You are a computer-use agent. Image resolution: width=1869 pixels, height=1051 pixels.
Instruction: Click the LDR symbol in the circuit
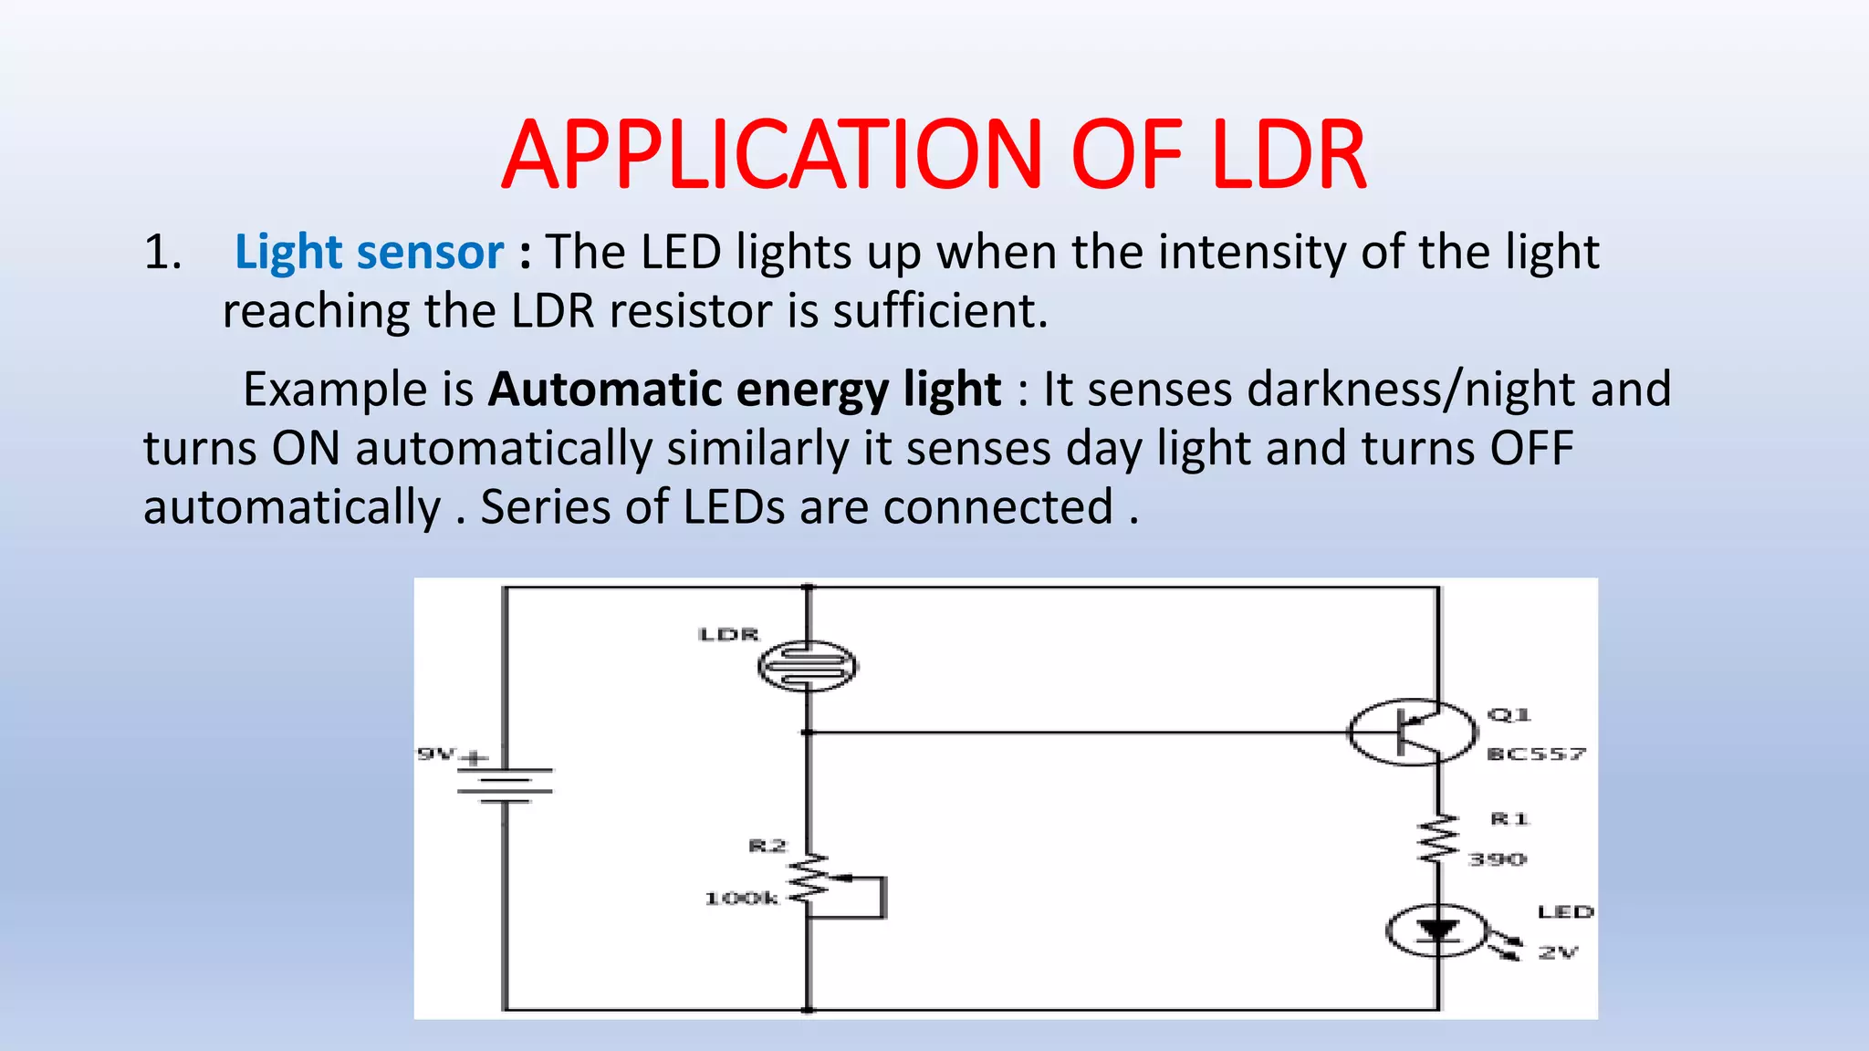808,665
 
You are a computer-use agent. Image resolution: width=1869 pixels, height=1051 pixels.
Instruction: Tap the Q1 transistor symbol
1411,732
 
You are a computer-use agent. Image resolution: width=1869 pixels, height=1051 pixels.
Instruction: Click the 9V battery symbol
505,785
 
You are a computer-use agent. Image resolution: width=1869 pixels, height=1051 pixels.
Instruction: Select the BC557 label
1536,754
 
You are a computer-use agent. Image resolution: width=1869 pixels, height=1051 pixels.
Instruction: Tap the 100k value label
741,899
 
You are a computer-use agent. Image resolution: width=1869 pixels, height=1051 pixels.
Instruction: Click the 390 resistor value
1497,859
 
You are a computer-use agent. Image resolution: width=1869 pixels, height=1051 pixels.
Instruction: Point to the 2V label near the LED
1558,952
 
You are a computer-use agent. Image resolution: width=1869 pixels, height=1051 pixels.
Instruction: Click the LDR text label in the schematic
728,634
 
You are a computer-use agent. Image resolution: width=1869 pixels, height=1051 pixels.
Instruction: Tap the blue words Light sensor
369,253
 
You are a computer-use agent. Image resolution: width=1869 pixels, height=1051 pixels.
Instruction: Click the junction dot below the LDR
808,732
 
